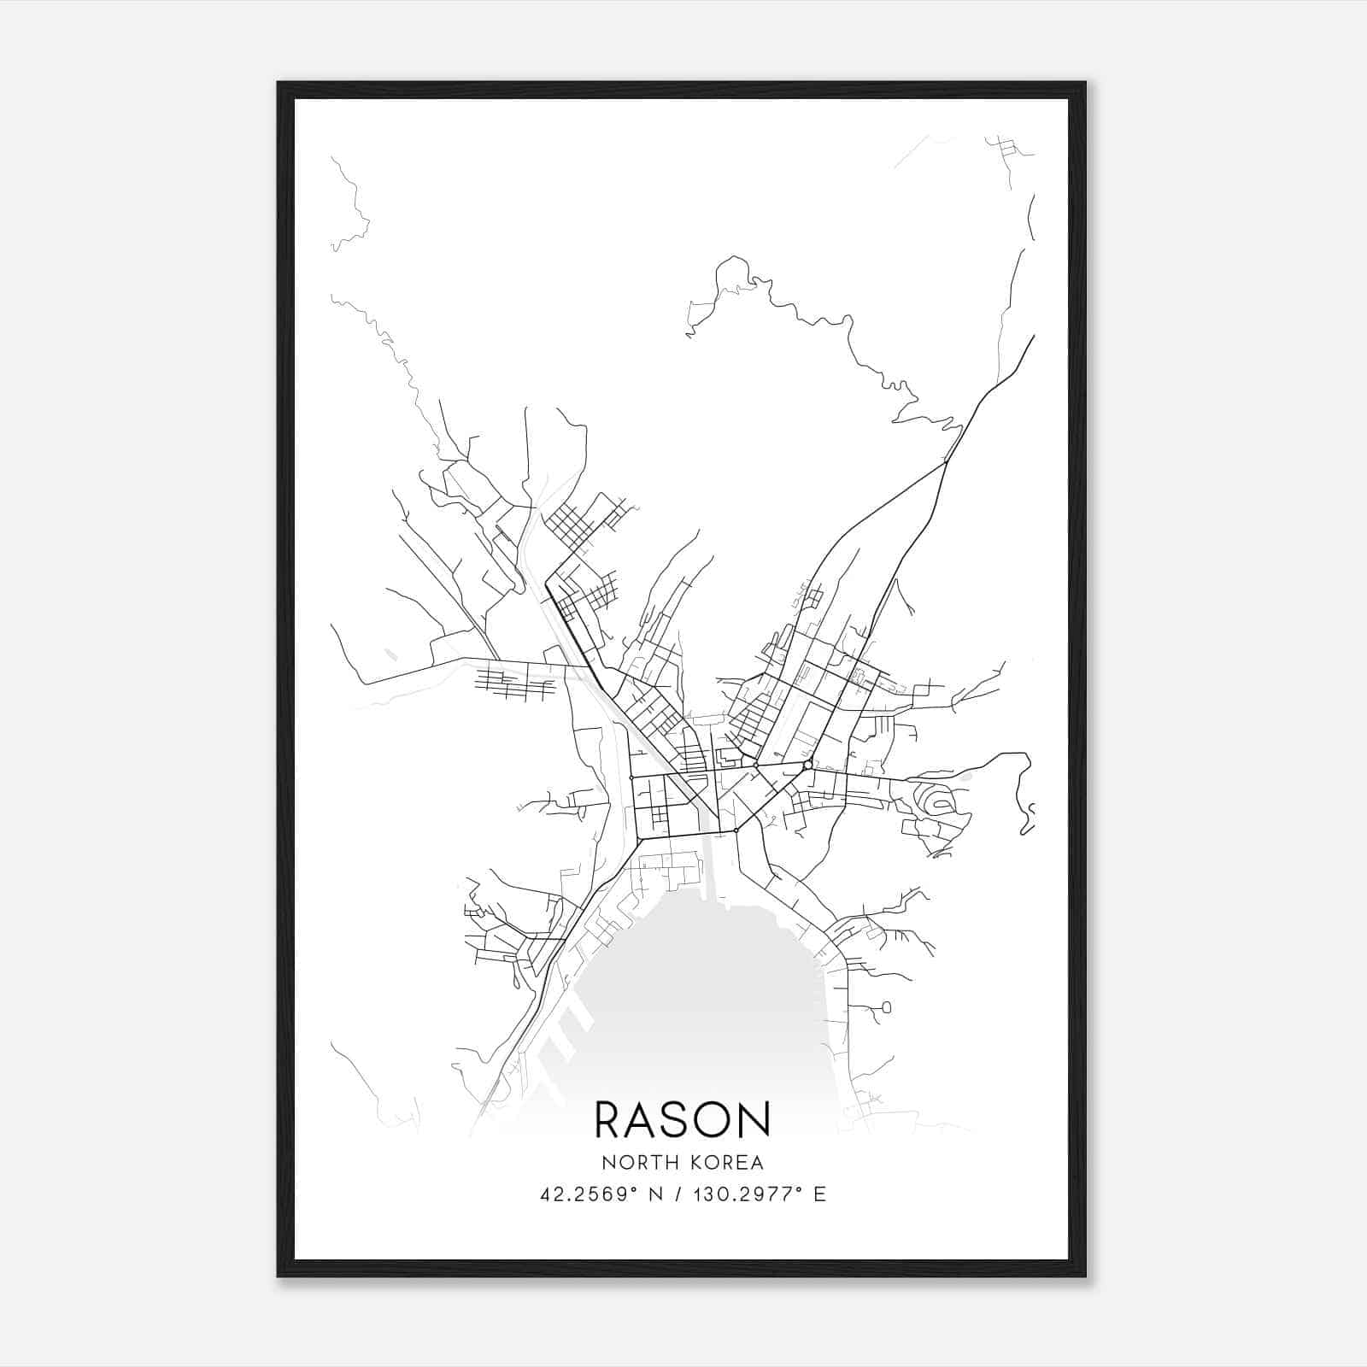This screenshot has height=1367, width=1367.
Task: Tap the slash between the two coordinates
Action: (680, 1194)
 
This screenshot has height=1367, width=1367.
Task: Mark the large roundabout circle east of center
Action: (807, 765)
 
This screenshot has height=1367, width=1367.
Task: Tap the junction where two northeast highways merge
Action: (946, 462)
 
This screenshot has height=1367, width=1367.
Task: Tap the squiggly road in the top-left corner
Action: (350, 205)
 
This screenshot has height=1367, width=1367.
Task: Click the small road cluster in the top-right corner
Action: (1008, 150)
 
